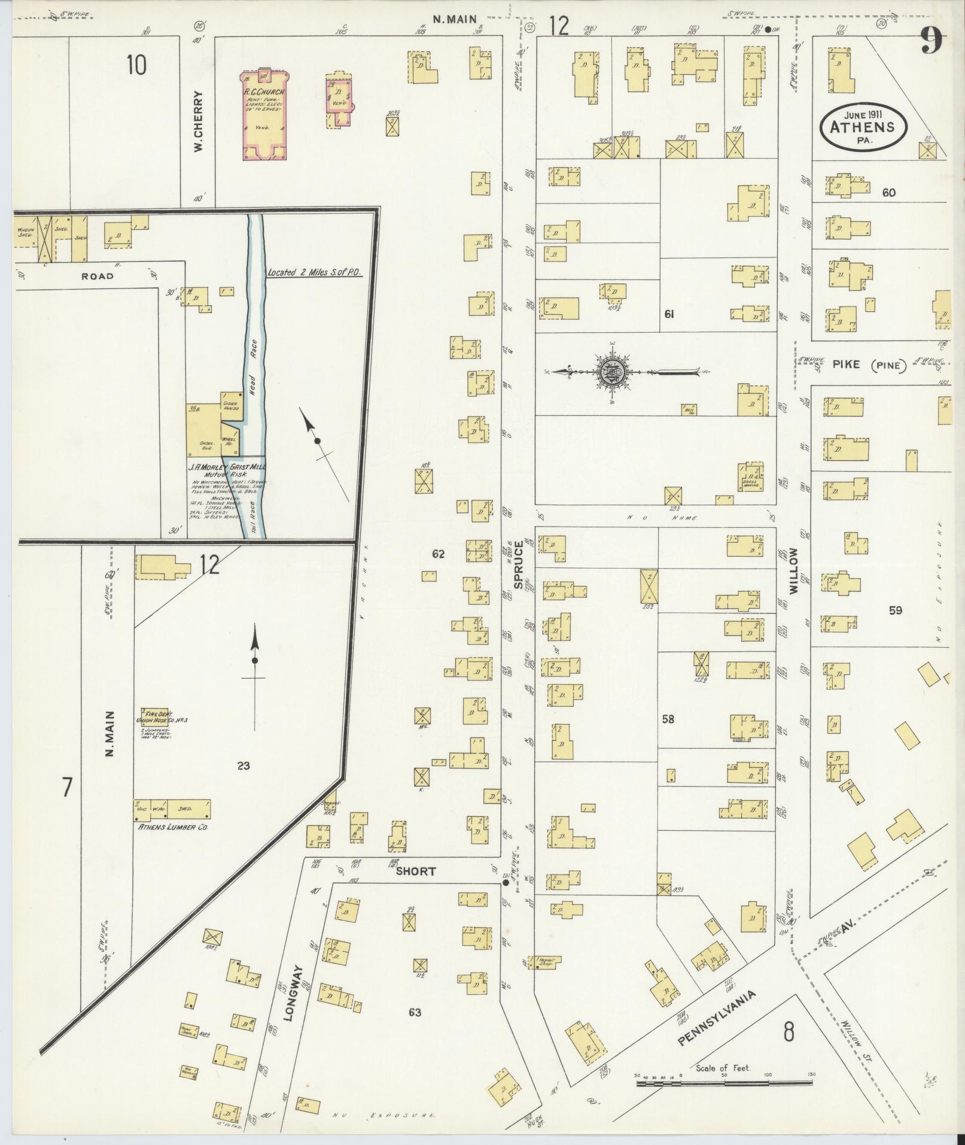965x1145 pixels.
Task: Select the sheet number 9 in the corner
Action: [932, 40]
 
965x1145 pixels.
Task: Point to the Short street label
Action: [416, 871]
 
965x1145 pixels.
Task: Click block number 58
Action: [668, 719]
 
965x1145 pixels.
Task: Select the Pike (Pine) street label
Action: [867, 365]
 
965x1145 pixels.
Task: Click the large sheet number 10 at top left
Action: [136, 65]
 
